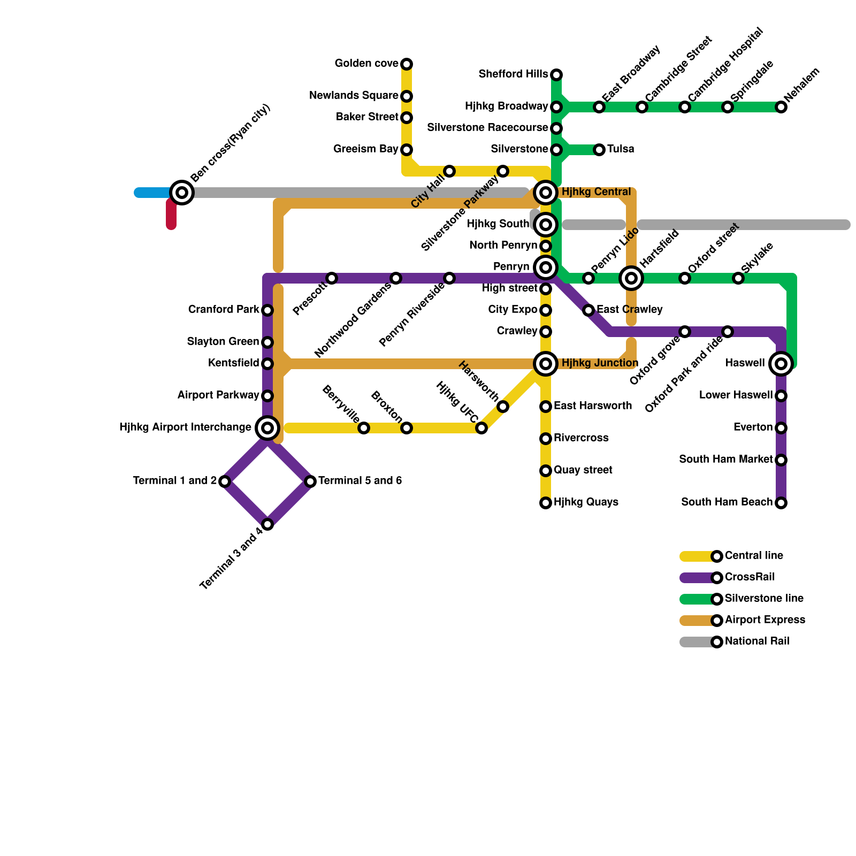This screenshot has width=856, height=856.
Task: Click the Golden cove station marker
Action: (407, 64)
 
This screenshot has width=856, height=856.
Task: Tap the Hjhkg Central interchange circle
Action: (546, 193)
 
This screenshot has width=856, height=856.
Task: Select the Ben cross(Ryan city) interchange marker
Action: (182, 193)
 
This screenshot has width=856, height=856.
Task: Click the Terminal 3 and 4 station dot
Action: (267, 524)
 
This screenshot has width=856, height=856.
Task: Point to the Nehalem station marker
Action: (781, 107)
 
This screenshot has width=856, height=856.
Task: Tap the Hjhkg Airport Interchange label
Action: (185, 427)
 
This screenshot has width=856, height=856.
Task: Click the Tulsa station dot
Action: (599, 150)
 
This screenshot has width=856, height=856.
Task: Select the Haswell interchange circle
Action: (781, 364)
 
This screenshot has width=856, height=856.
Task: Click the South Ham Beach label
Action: (727, 502)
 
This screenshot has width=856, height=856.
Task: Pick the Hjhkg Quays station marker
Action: (546, 503)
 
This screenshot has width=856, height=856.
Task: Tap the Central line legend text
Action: (754, 556)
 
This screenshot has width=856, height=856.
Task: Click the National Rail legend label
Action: (757, 641)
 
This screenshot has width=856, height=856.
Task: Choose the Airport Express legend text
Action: (765, 620)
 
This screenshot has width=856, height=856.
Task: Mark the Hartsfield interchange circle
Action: (631, 278)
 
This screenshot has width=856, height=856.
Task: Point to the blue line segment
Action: (152, 193)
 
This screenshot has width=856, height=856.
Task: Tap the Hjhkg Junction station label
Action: (600, 363)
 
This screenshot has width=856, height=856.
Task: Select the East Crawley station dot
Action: (588, 310)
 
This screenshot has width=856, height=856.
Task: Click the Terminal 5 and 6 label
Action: (360, 481)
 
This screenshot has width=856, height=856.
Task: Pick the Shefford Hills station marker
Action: (556, 75)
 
